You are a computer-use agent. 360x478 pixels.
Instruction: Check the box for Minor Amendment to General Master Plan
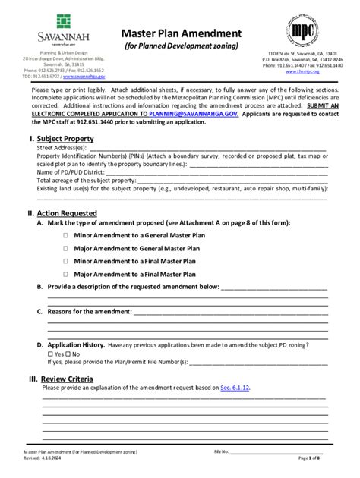(66, 236)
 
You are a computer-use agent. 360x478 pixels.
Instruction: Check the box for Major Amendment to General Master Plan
(66, 248)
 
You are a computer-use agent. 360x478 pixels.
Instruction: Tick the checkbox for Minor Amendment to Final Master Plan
(66, 261)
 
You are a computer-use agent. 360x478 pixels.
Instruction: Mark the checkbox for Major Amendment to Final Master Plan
(66, 274)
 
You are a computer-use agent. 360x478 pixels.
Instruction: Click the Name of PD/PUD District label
(73, 171)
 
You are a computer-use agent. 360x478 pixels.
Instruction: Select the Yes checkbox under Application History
(50, 354)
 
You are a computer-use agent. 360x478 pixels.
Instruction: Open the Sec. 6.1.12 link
(235, 387)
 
